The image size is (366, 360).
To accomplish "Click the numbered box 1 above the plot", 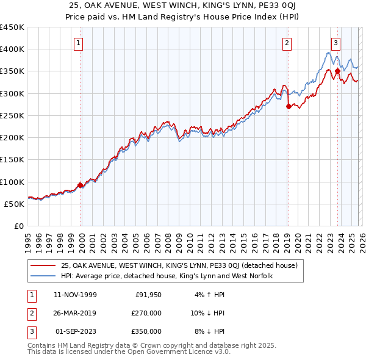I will (x=80, y=43).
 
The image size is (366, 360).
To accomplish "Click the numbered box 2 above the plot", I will (x=287, y=43).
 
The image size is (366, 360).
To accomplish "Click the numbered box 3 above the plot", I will (x=336, y=43).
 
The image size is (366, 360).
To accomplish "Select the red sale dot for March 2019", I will (x=288, y=106).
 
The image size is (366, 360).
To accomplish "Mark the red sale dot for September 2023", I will (x=337, y=71).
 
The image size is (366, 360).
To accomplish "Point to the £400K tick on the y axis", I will (x=12, y=49).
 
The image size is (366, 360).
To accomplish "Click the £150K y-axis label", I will (x=12, y=159).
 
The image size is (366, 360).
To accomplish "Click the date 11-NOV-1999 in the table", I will (x=76, y=295).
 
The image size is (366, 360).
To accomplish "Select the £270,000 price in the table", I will (x=146, y=313).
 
